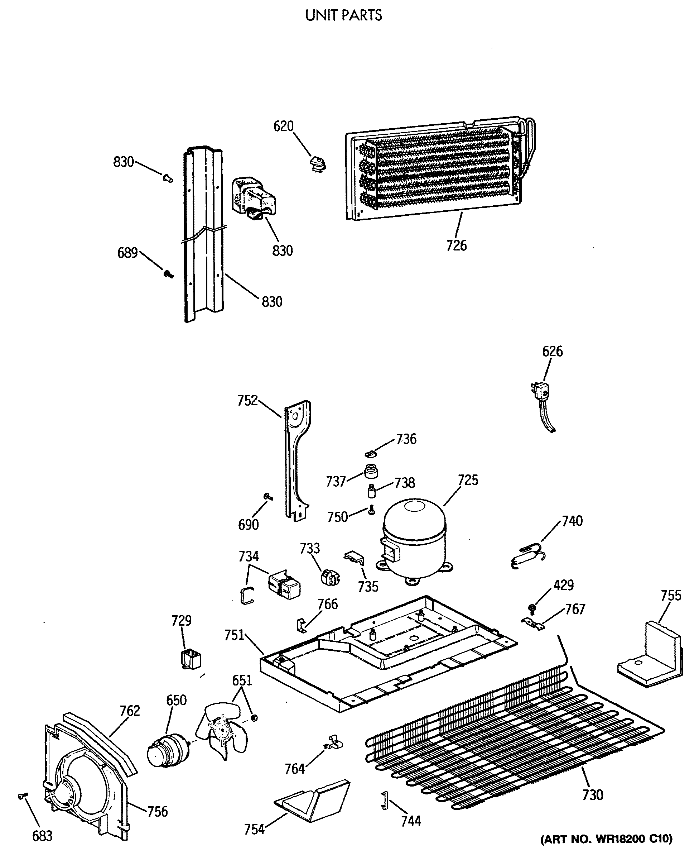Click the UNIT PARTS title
343,15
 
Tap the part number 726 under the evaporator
456,246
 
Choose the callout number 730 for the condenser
592,795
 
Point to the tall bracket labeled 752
298,459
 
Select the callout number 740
572,521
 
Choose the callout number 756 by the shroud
157,812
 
